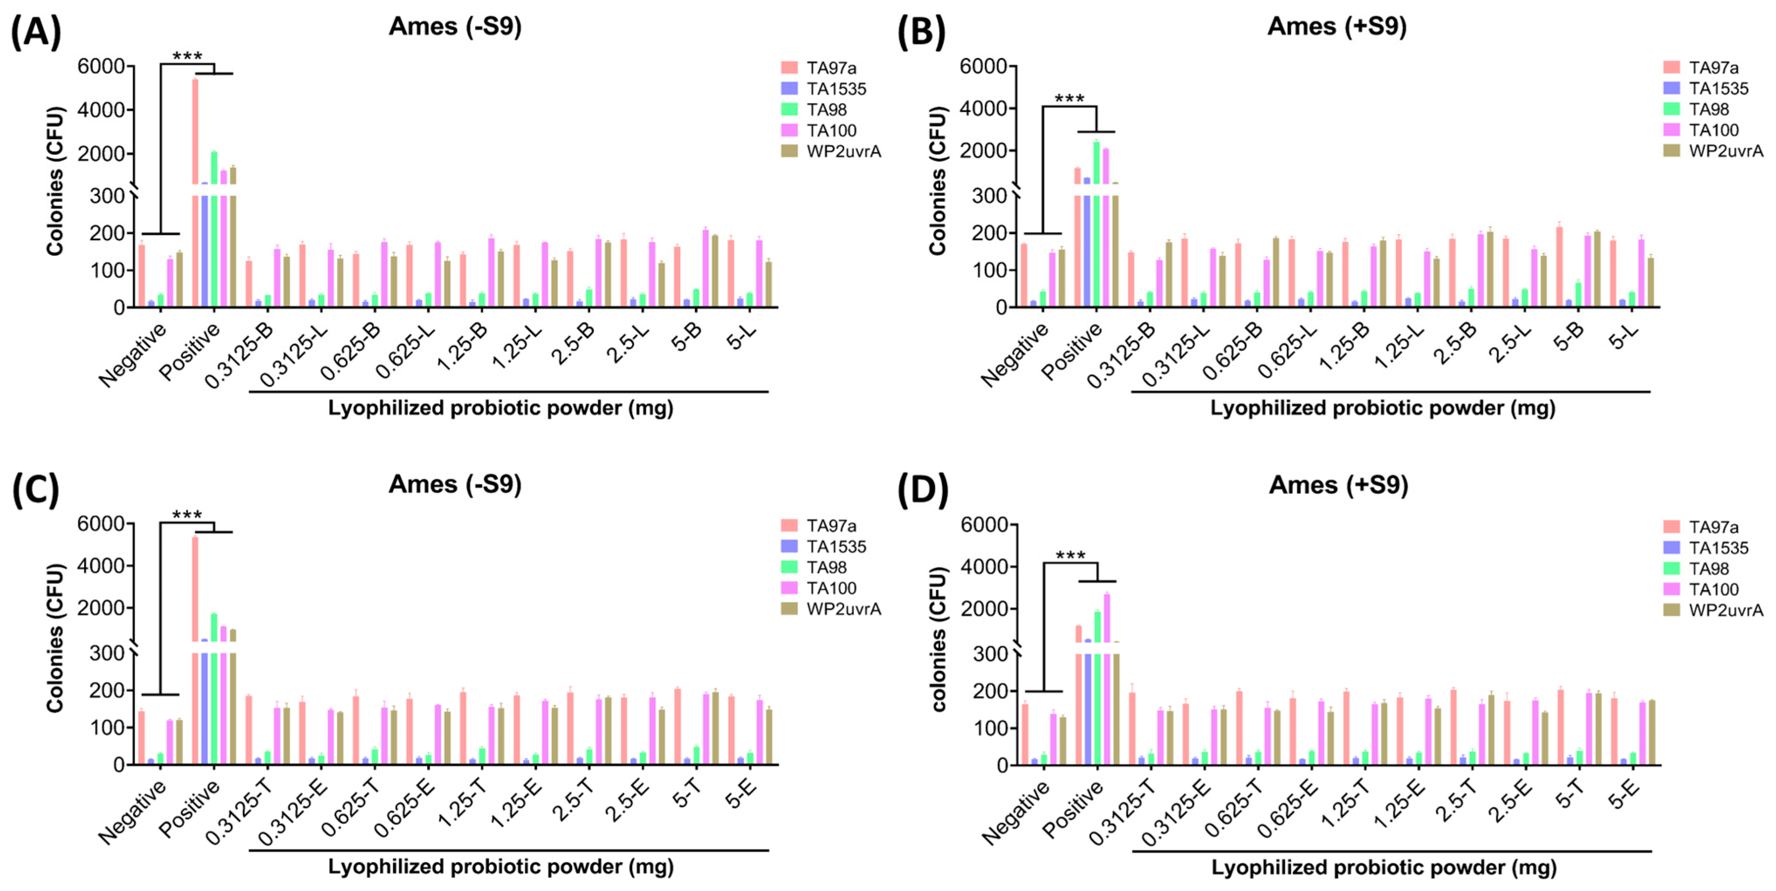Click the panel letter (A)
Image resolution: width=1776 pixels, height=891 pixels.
[35, 32]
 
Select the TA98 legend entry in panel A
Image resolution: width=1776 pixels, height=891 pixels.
[826, 109]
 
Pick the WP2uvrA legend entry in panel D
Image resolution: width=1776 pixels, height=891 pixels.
[1726, 610]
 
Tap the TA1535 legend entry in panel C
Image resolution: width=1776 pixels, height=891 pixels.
[835, 547]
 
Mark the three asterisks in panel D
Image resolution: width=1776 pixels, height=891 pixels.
[1070, 555]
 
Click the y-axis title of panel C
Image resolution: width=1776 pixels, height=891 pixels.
[55, 637]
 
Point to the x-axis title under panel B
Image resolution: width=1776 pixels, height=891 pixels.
[1382, 408]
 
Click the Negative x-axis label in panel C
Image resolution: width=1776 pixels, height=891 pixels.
[132, 812]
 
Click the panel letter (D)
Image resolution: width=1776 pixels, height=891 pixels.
[923, 490]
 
